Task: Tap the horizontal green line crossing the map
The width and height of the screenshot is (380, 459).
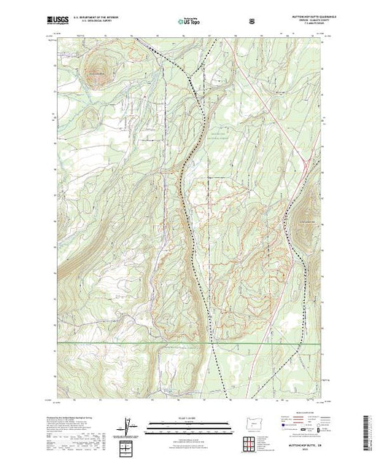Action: click(x=190, y=342)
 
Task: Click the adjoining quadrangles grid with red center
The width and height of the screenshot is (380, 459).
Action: click(x=252, y=442)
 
